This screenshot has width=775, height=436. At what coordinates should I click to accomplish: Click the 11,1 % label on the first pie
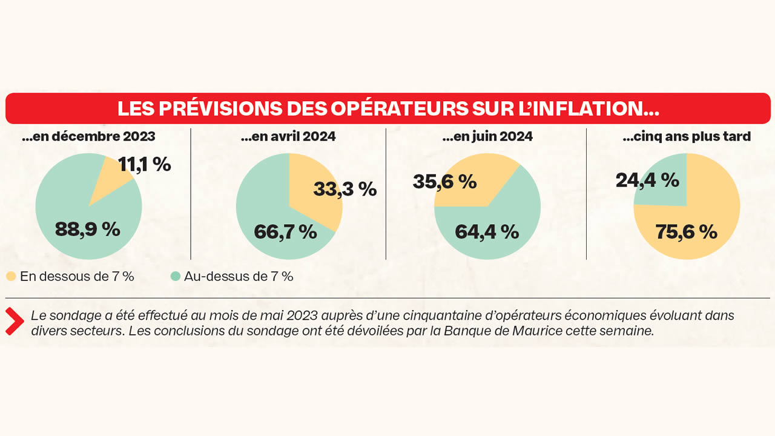pyautogui.click(x=144, y=164)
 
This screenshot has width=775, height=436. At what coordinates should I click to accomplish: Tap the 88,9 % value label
pyautogui.click(x=87, y=229)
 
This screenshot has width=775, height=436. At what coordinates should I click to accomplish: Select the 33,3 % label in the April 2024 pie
pyautogui.click(x=345, y=189)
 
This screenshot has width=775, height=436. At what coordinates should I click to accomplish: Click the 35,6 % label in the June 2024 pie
pyautogui.click(x=444, y=181)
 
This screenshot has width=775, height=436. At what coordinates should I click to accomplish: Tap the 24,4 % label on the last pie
pyautogui.click(x=647, y=180)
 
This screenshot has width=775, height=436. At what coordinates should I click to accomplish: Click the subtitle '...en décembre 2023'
pyautogui.click(x=88, y=137)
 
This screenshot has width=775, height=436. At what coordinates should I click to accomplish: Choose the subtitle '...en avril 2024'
pyautogui.click(x=288, y=137)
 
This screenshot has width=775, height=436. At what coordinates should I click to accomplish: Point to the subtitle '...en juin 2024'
pyautogui.click(x=487, y=137)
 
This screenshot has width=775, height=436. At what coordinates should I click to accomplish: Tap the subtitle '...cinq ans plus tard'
pyautogui.click(x=687, y=137)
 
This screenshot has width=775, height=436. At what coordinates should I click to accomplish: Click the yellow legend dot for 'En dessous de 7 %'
pyautogui.click(x=11, y=277)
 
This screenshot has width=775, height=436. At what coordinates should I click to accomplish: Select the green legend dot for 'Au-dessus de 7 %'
pyautogui.click(x=176, y=277)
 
